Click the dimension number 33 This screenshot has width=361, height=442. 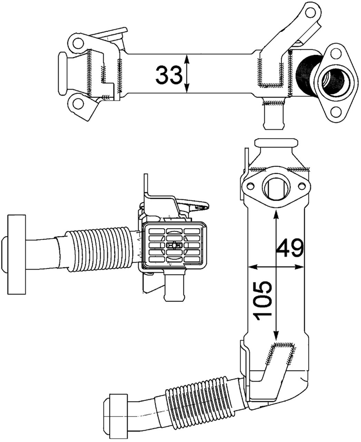(x=168, y=75)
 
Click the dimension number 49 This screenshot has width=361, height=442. (x=290, y=247)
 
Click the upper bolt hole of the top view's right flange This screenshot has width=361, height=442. (x=334, y=54)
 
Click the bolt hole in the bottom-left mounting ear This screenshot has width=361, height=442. (x=78, y=104)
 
